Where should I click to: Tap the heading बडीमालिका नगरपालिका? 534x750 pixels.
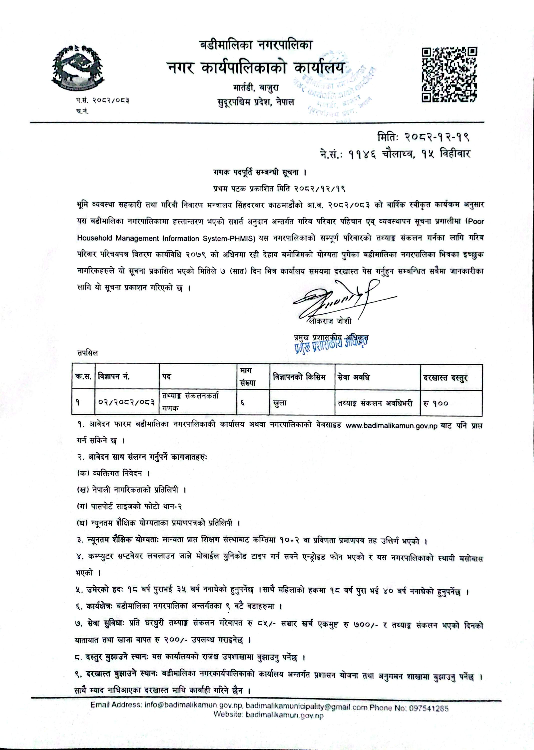256,45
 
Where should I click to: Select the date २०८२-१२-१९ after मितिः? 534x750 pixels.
438,136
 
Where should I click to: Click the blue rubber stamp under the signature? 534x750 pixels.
330,343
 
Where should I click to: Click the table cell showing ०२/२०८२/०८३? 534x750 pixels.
126,402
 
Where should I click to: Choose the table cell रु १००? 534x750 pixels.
436,403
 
